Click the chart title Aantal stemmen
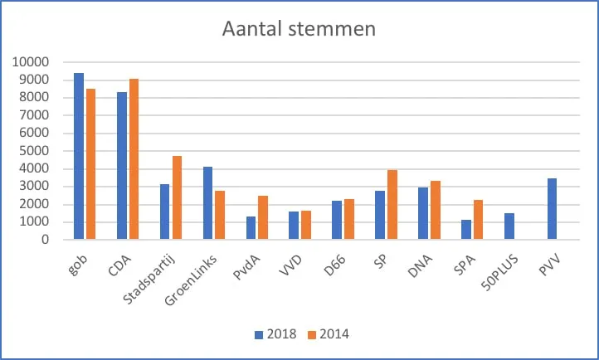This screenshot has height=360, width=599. tap(299, 29)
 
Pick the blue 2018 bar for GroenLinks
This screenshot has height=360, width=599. tap(208, 203)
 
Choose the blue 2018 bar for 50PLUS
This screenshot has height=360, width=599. tap(509, 226)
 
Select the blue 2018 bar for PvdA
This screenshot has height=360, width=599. tap(251, 228)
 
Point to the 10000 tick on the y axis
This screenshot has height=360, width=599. tap(32, 62)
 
